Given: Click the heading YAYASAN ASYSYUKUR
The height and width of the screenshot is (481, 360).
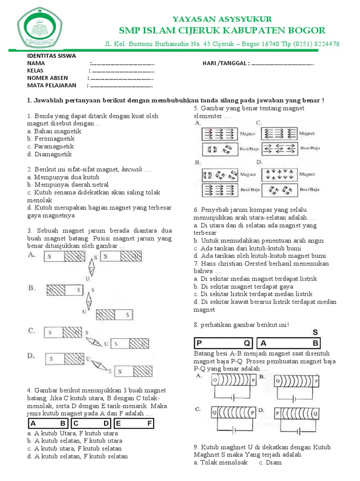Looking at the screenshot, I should pyautogui.click(x=222, y=19).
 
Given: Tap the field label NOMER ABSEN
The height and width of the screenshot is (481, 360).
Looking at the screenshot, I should pyautogui.click(x=47, y=78).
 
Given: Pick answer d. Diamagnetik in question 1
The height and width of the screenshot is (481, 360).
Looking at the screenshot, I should pyautogui.click(x=49, y=154).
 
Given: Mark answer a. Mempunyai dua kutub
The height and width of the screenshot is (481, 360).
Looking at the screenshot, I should pyautogui.click(x=63, y=177).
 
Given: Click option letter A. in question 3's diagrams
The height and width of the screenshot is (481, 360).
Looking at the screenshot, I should pyautogui.click(x=32, y=255).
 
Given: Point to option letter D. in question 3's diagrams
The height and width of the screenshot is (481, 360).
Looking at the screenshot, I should pyautogui.click(x=32, y=356).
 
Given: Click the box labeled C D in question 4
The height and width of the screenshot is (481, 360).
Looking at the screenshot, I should pyautogui.click(x=91, y=423).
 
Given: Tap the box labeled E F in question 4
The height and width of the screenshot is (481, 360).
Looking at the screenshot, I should pyautogui.click(x=135, y=423).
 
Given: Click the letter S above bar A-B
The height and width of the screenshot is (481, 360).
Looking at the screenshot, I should pyautogui.click(x=315, y=332).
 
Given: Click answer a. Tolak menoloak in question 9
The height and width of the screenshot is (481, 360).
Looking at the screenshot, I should pyautogui.click(x=220, y=462).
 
